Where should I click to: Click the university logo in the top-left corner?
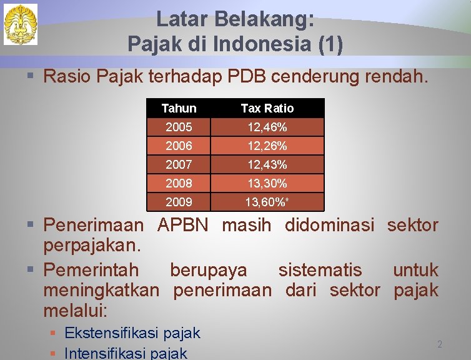(x=21, y=24)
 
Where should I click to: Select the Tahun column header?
(x=179, y=108)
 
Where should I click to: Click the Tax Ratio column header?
(x=267, y=108)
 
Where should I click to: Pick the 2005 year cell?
(x=179, y=127)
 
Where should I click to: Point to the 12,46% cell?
(x=267, y=127)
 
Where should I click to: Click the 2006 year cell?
(x=179, y=146)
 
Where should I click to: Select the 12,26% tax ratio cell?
(x=267, y=146)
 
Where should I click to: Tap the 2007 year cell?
(x=179, y=165)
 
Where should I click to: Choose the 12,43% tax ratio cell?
(x=267, y=165)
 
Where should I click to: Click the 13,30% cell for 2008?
(x=267, y=184)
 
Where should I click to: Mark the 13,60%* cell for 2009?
(x=267, y=202)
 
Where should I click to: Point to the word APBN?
(x=183, y=225)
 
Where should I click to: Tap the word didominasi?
(x=329, y=225)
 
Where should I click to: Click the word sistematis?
(x=319, y=270)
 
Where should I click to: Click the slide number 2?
(x=439, y=344)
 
